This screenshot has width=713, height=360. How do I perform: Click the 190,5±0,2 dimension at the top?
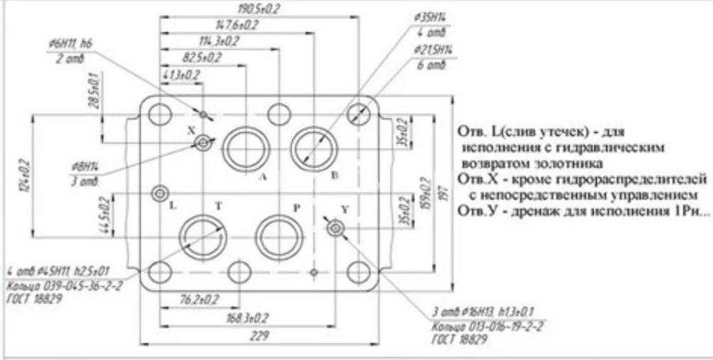click(x=258, y=9)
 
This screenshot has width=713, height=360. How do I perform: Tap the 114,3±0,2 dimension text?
click(x=219, y=40)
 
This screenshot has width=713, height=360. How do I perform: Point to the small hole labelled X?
click(x=204, y=143)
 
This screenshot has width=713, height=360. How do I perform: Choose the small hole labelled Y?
click(x=335, y=228)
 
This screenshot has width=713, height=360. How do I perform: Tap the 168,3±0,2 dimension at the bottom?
click(x=249, y=317)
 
